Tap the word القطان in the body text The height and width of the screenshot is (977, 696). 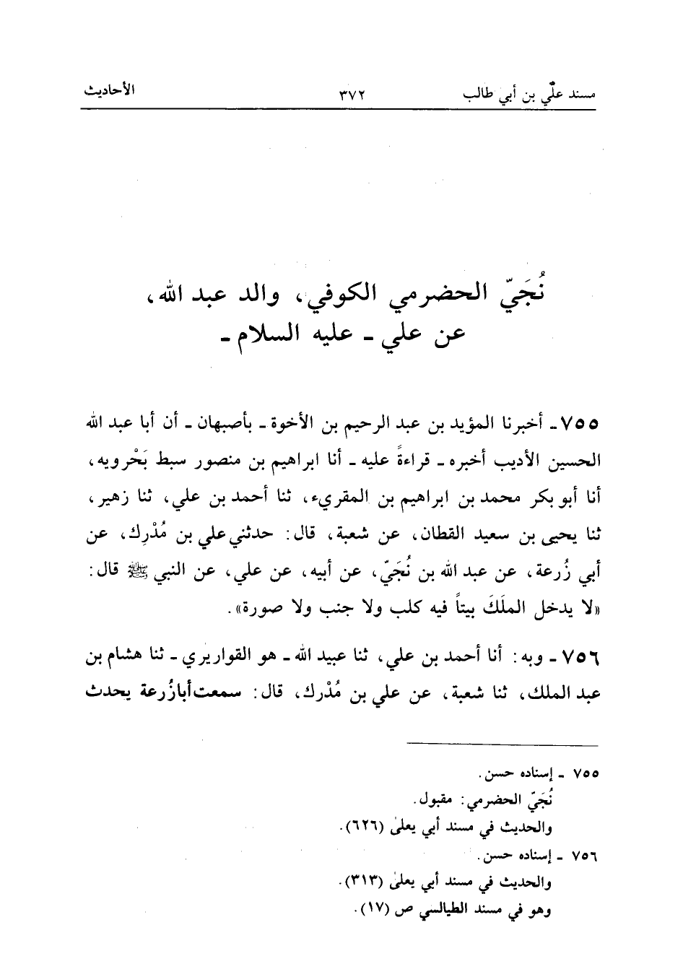coord(435,535)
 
